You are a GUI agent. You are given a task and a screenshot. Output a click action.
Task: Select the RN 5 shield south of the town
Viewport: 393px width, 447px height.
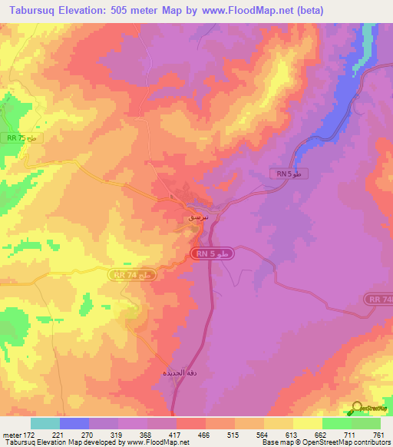tap(211, 253)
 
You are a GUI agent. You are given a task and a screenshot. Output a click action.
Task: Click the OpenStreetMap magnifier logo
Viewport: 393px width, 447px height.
tap(358, 408)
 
